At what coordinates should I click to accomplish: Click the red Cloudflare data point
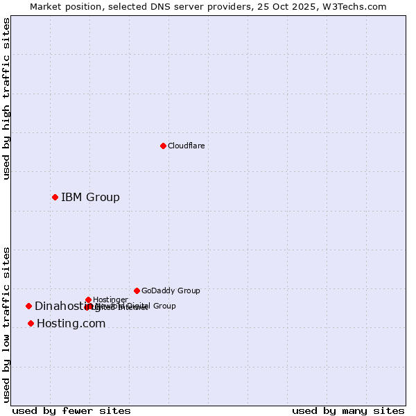(163, 146)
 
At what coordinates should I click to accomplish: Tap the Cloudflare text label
(186, 146)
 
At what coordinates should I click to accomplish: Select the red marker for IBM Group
(55, 197)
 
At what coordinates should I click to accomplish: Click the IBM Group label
(90, 198)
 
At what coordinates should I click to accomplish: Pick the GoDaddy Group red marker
(137, 291)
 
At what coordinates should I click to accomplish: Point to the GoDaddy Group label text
(171, 291)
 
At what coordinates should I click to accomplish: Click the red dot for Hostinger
(88, 300)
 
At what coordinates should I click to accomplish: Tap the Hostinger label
(110, 300)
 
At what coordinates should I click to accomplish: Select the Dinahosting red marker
(28, 306)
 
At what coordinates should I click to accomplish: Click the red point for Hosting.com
(31, 323)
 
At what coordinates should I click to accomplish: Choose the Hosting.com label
(71, 324)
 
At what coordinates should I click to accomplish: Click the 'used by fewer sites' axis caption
(71, 410)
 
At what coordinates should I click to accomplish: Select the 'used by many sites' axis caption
(348, 410)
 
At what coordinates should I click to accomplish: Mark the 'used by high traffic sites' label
(7, 98)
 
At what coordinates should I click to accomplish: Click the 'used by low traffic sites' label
(7, 324)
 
